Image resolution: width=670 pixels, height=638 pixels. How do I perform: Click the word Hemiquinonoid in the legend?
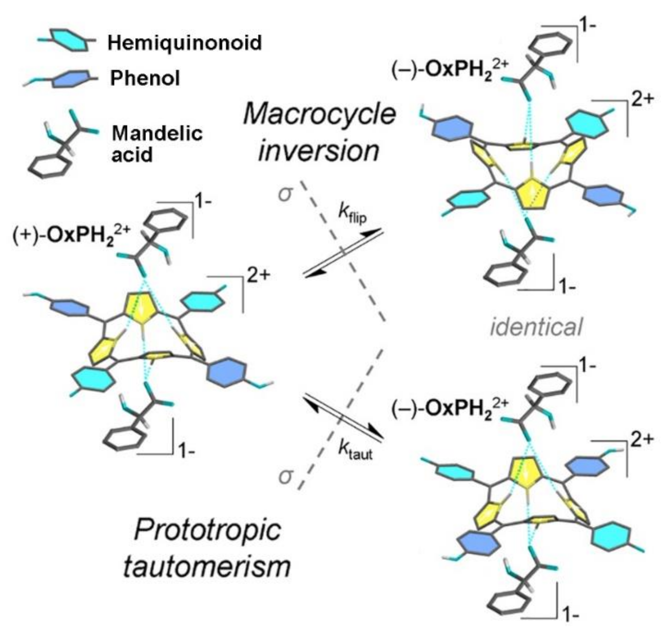(185, 43)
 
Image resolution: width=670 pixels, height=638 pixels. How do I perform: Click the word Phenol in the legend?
(145, 78)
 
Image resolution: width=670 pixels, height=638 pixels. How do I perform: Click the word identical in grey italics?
(536, 327)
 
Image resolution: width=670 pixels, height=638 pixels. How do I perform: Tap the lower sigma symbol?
(285, 476)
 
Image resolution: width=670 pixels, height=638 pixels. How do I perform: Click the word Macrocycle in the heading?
(319, 114)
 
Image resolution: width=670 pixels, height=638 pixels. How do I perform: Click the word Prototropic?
(208, 531)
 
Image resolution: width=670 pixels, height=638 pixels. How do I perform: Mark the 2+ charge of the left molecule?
(258, 276)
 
